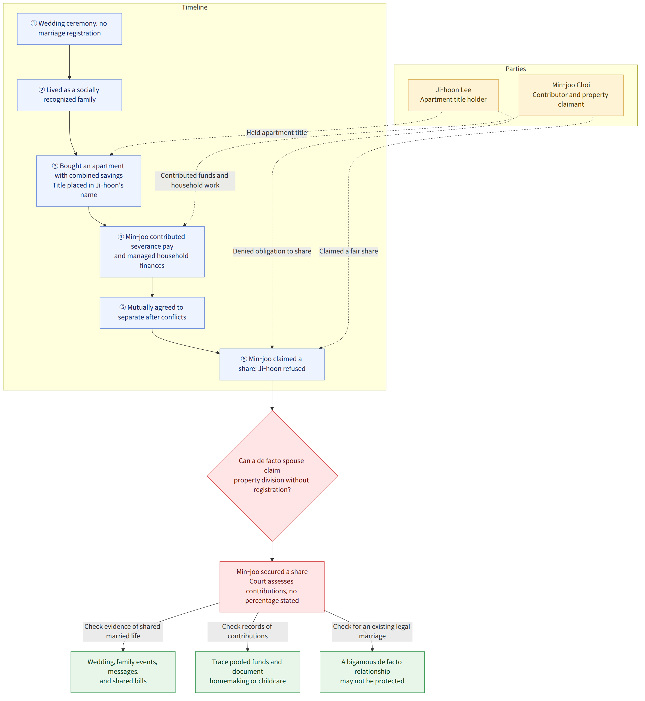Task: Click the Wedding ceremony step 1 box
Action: [x=69, y=29]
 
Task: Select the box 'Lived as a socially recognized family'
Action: [x=69, y=95]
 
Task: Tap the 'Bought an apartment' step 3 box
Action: [x=89, y=181]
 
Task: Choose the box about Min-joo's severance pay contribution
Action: [x=152, y=252]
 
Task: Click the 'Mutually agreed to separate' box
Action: [x=152, y=313]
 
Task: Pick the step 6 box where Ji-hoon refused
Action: [x=272, y=364]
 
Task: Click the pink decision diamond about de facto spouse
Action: [x=272, y=476]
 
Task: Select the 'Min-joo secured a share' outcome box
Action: [x=272, y=587]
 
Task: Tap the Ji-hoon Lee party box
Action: [x=454, y=95]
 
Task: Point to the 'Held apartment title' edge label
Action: [x=277, y=133]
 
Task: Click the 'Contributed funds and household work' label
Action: [x=195, y=181]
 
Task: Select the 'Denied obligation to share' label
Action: [x=272, y=252]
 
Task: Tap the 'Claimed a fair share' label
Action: [x=349, y=252]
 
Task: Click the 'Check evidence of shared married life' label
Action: [x=123, y=631]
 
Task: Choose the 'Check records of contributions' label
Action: [x=248, y=631]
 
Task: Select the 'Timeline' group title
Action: [x=195, y=7]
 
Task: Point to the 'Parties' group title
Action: [x=516, y=69]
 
